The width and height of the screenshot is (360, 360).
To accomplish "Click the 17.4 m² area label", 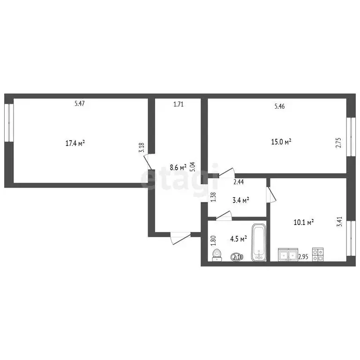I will click(75, 143).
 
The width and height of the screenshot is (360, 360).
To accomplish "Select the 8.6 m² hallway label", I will click(178, 166).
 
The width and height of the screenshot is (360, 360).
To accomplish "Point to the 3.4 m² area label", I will click(240, 200).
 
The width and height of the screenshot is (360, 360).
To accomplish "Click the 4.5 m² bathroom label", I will click(238, 239).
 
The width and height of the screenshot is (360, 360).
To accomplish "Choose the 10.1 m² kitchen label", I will click(303, 223).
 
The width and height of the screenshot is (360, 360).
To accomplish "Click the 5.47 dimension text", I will click(80, 104).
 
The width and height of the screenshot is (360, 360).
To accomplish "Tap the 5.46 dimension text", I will click(279, 106).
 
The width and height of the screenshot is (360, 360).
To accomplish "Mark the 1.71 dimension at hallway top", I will click(178, 104).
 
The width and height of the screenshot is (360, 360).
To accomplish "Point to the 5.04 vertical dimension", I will click(192, 167).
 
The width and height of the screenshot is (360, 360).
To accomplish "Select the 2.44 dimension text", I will click(238, 182).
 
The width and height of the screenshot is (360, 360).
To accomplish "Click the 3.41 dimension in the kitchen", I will click(339, 221).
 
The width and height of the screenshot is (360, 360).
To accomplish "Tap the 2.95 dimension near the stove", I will click(303, 256).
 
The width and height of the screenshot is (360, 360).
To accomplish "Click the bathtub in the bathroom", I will click(258, 243).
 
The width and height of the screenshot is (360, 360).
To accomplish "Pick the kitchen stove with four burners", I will click(318, 254).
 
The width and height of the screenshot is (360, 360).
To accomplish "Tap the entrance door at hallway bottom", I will click(180, 238).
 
